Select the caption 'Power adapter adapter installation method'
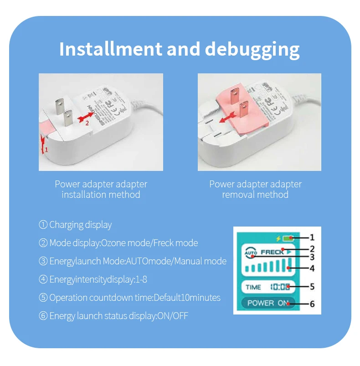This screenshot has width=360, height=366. [x=101, y=189]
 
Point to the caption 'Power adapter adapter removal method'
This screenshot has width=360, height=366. [x=255, y=189]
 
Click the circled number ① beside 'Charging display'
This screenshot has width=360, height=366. [x=43, y=225]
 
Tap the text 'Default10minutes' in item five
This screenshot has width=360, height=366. [x=187, y=298]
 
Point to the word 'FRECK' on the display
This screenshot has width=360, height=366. [x=272, y=252]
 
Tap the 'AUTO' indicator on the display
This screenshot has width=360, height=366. [x=251, y=252]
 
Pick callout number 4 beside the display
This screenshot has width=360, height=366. [x=312, y=268]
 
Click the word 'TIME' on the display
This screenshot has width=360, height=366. [x=253, y=287]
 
